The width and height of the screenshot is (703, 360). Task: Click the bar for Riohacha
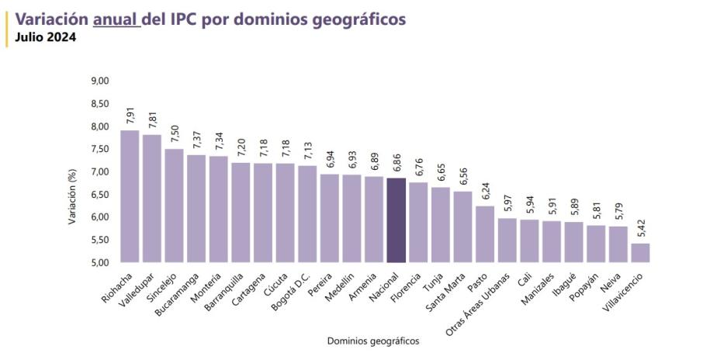coord(130,197)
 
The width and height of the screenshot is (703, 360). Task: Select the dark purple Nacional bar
coord(397,221)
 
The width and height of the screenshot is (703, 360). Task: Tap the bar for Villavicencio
coord(641,254)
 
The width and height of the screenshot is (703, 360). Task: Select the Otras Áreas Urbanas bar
coord(507,241)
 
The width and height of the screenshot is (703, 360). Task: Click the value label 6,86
coord(397,163)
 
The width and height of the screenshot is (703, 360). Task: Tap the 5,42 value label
coord(641,228)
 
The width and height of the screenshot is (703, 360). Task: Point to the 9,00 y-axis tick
coord(101,81)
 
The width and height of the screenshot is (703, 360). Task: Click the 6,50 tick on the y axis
coord(101,195)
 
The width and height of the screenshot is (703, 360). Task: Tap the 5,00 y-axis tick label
coord(101,263)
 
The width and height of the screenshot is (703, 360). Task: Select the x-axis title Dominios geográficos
coord(372,341)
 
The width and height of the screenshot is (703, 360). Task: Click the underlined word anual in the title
coord(116,19)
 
